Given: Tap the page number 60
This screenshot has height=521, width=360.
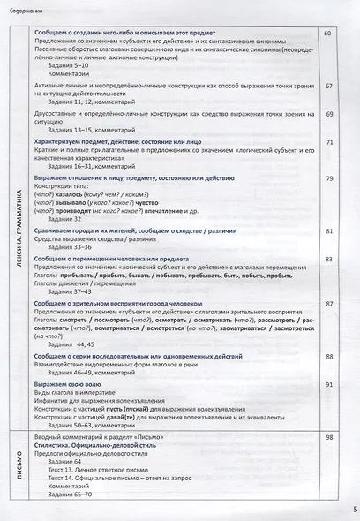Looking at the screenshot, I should (x=327, y=33).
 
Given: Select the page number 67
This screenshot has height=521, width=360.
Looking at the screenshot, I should (x=327, y=87).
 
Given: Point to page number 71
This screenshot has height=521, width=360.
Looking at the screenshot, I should (x=327, y=141).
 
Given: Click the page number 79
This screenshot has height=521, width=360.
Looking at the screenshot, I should (x=327, y=177).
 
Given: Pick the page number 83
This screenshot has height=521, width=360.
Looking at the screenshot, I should (x=327, y=258).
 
